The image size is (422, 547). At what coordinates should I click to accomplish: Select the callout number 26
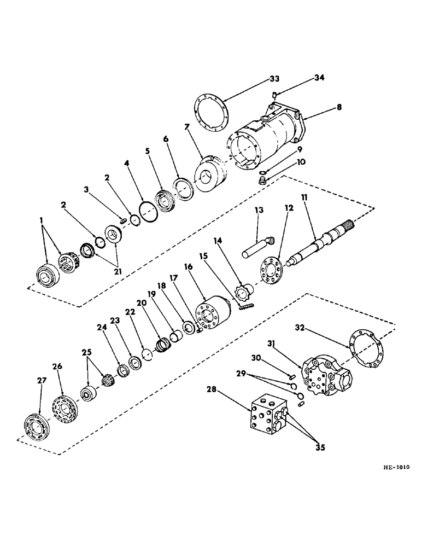click(58, 366)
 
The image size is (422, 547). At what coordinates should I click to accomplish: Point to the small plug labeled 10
click(262, 182)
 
